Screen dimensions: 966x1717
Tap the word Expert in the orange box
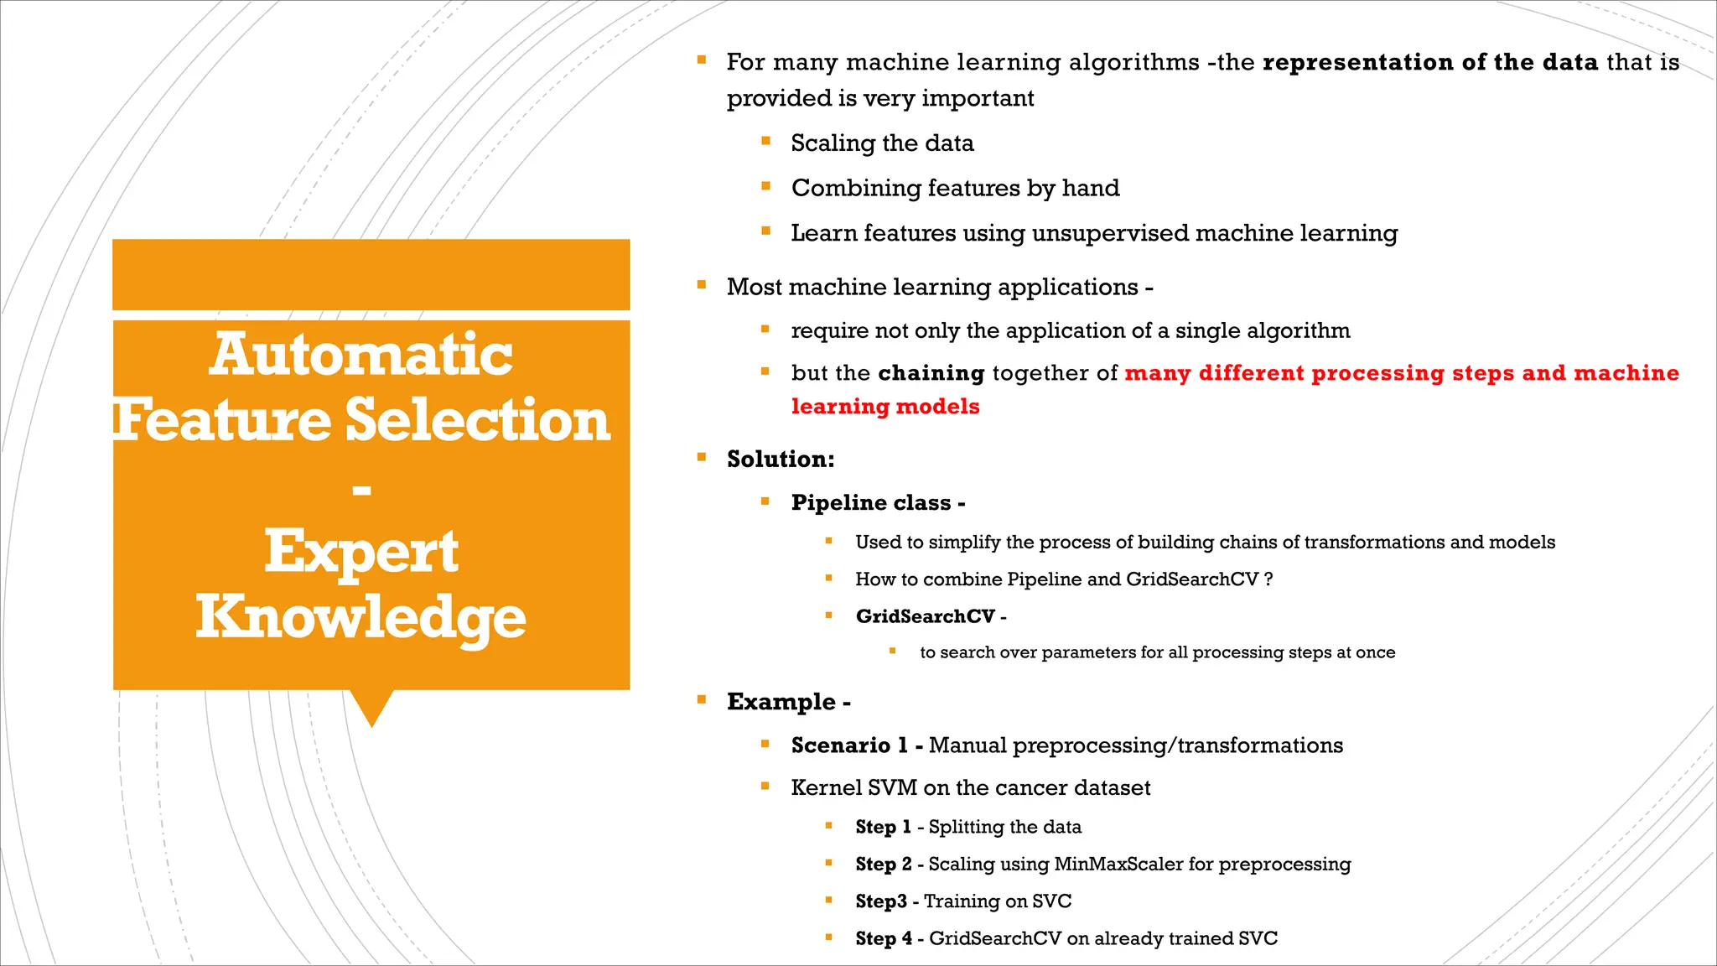[361, 552]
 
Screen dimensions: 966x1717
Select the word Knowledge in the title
[361, 617]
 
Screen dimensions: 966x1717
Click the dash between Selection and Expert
[361, 490]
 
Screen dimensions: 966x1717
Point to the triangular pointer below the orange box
[371, 706]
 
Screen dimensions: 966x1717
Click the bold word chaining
[931, 373]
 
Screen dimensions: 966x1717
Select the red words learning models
[885, 407]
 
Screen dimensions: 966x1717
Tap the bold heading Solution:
[781, 460]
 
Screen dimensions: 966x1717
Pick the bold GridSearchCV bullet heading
[925, 616]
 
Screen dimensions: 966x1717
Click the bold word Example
[781, 702]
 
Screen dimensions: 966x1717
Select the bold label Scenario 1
[849, 745]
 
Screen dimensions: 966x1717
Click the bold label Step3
[880, 901]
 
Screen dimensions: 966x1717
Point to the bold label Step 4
[883, 938]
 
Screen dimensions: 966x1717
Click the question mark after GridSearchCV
[1268, 579]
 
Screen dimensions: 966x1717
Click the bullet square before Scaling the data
[765, 142]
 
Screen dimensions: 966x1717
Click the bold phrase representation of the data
[1429, 63]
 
